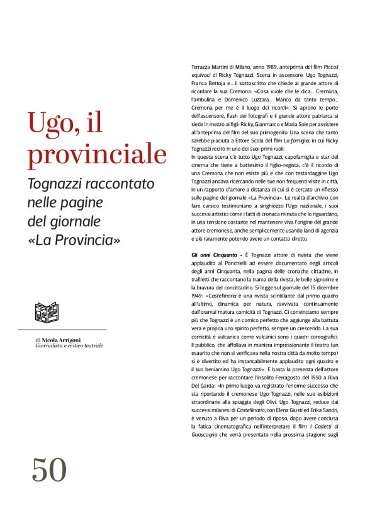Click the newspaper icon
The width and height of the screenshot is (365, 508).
(x=46, y=313)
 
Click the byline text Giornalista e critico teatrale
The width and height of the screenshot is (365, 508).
(x=69, y=346)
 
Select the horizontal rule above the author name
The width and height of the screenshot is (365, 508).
(x=62, y=330)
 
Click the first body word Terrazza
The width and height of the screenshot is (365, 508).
(x=203, y=66)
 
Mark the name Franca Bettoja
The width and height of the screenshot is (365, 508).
(x=209, y=83)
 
